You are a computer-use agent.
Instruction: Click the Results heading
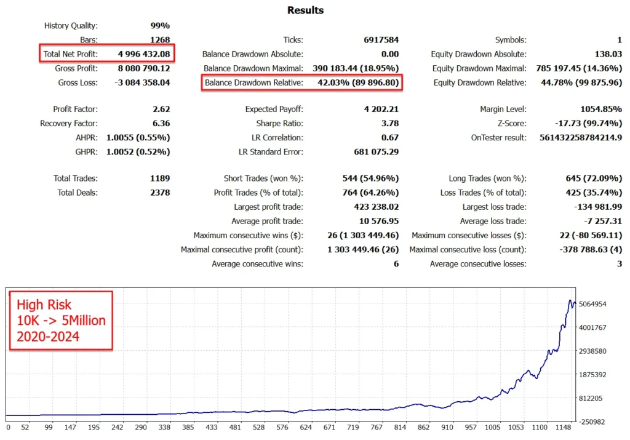305,10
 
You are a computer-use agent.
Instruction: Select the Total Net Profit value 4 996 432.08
144,54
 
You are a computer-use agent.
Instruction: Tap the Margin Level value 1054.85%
600,109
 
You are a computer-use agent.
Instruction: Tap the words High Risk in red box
44,305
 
